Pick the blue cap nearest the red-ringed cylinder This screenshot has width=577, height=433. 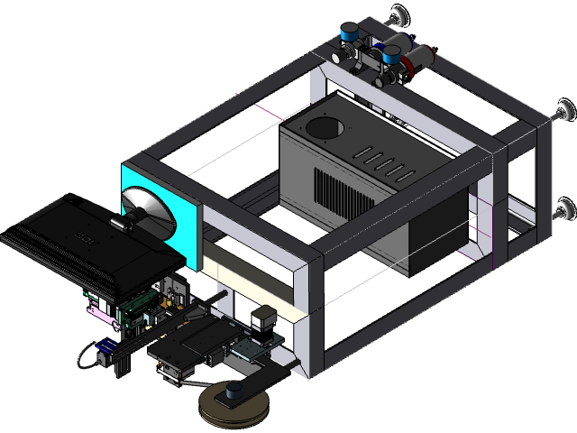click(392, 54)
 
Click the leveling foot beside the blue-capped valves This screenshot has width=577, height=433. click(397, 15)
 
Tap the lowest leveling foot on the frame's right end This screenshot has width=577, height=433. click(564, 210)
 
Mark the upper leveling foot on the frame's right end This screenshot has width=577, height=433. click(564, 110)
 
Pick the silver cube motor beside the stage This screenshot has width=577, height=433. click(262, 318)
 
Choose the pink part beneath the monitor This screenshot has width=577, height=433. click(99, 312)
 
